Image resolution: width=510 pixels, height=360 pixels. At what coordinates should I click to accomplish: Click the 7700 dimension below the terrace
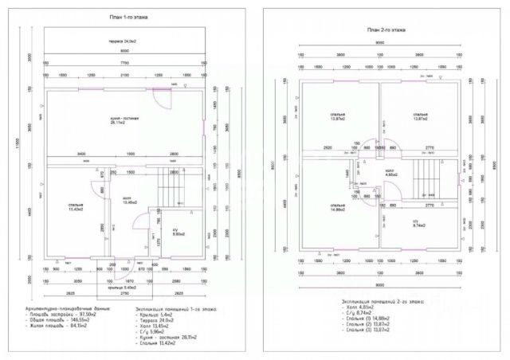coord(124,61)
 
